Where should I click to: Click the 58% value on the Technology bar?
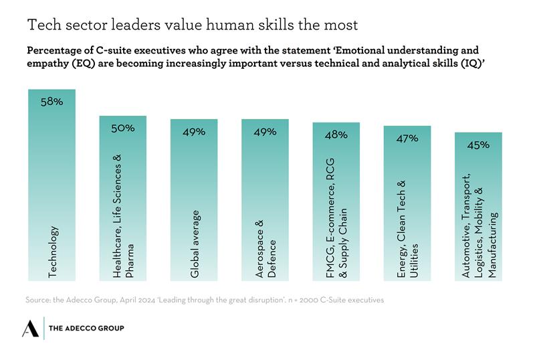click(51, 102)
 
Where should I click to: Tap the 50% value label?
click(123, 128)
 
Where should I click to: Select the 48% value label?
click(336, 134)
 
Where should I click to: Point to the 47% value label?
click(407, 138)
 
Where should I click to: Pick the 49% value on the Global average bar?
click(194, 132)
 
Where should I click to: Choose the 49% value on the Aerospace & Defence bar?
click(265, 132)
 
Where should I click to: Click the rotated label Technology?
click(53, 252)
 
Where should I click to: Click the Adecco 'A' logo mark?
click(31, 328)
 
